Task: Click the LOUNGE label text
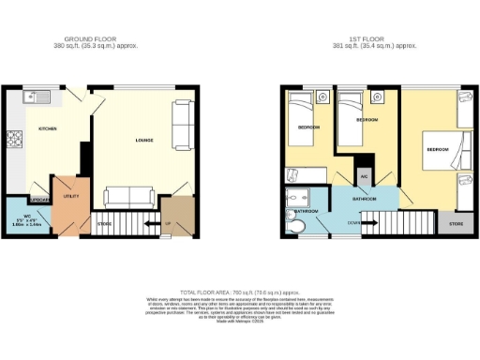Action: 143,141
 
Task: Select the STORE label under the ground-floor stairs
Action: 105,223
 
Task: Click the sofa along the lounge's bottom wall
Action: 130,196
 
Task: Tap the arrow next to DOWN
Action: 369,221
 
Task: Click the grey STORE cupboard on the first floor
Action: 456,224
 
